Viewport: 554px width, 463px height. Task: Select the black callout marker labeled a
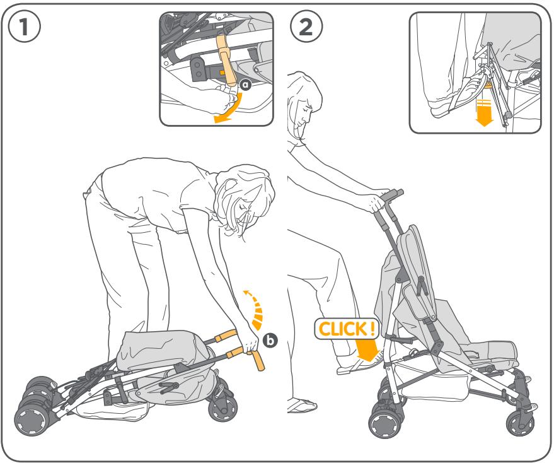tap(246, 84)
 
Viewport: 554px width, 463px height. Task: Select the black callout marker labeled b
tap(270, 340)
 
